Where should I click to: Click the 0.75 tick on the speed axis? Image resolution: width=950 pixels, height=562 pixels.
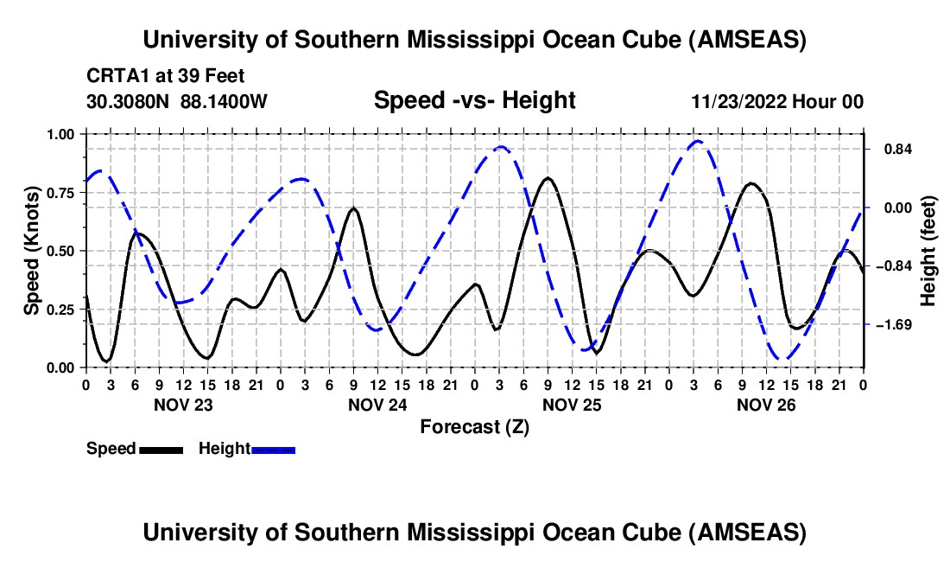pyautogui.click(x=61, y=192)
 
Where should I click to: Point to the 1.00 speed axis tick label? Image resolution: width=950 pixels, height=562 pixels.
pyautogui.click(x=61, y=134)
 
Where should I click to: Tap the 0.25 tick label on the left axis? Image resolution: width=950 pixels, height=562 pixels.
pyautogui.click(x=61, y=309)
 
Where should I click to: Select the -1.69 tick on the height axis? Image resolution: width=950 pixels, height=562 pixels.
pyautogui.click(x=890, y=325)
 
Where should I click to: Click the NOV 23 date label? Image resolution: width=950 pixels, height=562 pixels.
pyautogui.click(x=183, y=404)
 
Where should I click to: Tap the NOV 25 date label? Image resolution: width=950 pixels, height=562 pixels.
pyautogui.click(x=572, y=404)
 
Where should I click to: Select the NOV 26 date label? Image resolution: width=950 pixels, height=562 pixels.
pyautogui.click(x=766, y=404)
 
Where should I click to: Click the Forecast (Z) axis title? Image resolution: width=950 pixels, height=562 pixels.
pyautogui.click(x=474, y=426)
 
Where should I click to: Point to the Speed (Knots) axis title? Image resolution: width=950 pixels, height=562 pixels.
pyautogui.click(x=32, y=251)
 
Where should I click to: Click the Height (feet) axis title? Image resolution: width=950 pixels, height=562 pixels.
pyautogui.click(x=928, y=251)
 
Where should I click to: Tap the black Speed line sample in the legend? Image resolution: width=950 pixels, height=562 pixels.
pyautogui.click(x=161, y=450)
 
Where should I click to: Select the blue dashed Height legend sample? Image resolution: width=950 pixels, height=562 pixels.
pyautogui.click(x=274, y=450)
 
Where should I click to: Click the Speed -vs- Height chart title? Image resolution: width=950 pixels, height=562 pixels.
pyautogui.click(x=474, y=101)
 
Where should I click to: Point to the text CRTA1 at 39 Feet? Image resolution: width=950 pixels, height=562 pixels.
pyautogui.click(x=164, y=76)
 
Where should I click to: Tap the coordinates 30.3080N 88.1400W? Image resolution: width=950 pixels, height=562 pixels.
pyautogui.click(x=177, y=102)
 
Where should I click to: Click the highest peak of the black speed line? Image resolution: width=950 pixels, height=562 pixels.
pyautogui.click(x=548, y=178)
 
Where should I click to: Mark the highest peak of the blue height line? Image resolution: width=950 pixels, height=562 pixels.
pyautogui.click(x=698, y=141)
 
